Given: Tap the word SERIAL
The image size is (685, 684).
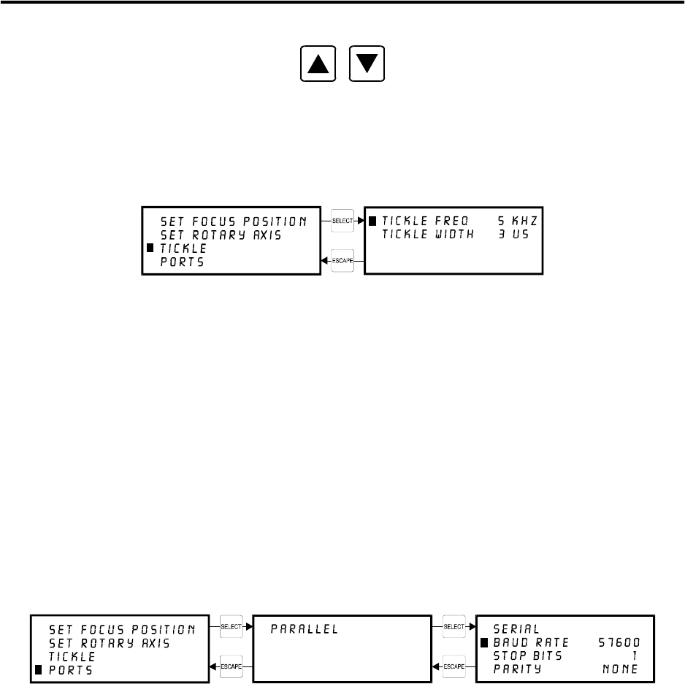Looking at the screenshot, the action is [x=516, y=628].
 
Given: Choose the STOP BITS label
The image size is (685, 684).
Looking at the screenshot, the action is [x=528, y=656].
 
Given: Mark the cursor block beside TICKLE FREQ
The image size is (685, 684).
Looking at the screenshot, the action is [x=372, y=221].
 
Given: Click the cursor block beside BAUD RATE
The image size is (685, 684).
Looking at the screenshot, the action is [x=483, y=642].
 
